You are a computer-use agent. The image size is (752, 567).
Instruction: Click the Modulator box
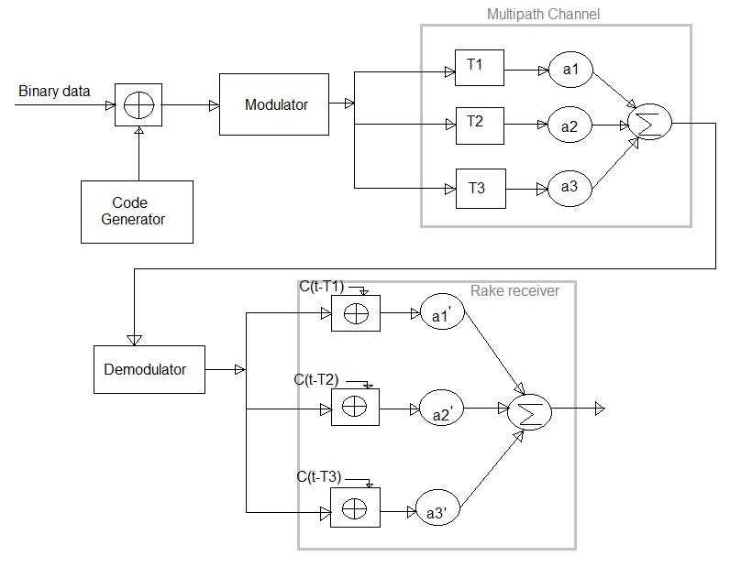coord(274,104)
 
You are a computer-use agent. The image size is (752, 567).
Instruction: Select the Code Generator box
coord(137,212)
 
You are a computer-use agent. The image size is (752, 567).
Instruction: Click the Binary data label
coord(55,92)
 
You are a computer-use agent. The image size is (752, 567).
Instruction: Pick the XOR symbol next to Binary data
coord(138,105)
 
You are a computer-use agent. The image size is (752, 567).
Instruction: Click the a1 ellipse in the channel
coord(571,70)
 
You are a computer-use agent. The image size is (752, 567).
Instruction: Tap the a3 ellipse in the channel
coord(570,187)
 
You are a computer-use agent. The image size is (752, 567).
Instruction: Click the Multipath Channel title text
coord(544,15)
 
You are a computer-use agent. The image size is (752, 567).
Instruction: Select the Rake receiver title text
coord(514,290)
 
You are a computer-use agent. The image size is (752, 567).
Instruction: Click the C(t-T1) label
coord(321,287)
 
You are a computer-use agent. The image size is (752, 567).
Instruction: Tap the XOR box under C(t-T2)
coord(355,407)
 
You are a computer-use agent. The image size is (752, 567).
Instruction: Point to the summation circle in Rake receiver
coord(528,413)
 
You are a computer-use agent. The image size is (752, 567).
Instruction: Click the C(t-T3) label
coord(318,476)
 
